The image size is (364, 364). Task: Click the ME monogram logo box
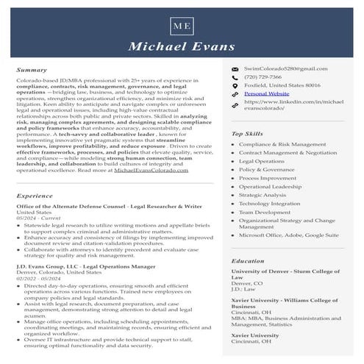[x=182, y=26]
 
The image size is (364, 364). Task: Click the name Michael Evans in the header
[x=182, y=48]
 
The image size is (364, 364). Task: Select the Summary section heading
[x=32, y=71]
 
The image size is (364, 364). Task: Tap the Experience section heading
[x=35, y=196]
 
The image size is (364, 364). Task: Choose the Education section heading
[x=248, y=261]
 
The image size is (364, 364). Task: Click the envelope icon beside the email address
[x=235, y=68]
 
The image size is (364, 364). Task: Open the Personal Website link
[x=266, y=94]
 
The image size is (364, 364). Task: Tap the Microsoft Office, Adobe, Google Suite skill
[x=289, y=235]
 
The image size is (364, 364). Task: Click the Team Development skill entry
[x=265, y=213]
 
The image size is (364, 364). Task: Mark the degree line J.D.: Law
[x=243, y=289]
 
